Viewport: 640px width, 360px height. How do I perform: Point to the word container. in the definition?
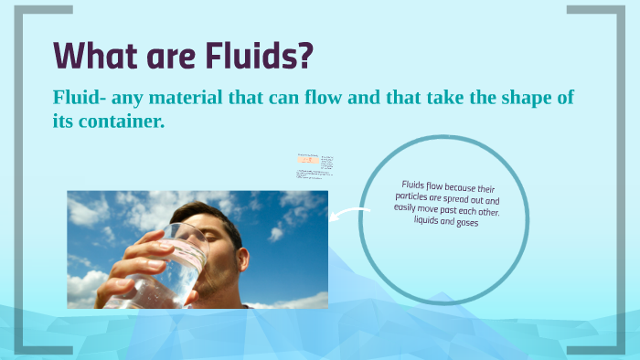tap(123, 120)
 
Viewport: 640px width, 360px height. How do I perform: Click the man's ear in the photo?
tap(236, 251)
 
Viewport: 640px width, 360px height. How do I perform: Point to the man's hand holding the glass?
tap(137, 270)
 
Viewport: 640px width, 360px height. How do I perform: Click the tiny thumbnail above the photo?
tap(315, 164)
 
